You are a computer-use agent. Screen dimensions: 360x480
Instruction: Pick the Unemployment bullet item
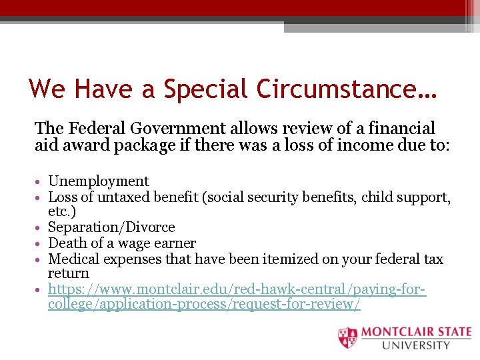coord(99,181)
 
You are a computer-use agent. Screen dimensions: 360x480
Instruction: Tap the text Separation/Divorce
coord(111,228)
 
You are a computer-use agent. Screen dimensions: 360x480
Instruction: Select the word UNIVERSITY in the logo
coord(417,345)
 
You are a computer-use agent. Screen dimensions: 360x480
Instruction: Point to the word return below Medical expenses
coord(68,274)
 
